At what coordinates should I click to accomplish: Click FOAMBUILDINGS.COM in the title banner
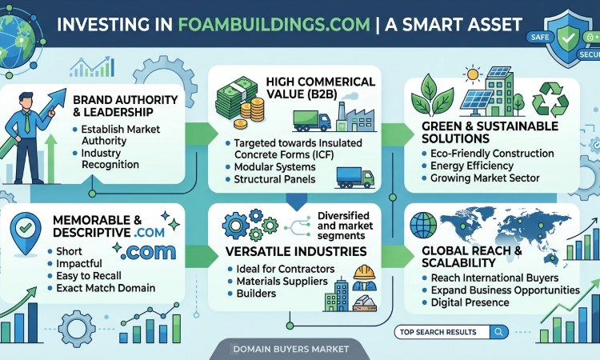point(274,25)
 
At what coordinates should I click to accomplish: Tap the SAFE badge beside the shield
point(540,37)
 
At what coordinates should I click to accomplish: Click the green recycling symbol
point(550,99)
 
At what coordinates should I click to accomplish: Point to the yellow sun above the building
point(473,74)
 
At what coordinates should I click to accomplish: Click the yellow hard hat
point(364,272)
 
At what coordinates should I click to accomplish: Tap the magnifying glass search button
point(498,332)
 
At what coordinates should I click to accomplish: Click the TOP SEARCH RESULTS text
point(438,332)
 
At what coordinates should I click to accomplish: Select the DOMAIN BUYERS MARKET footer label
point(291,349)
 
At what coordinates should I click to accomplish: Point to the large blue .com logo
point(148,252)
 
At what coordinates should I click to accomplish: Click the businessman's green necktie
point(27,122)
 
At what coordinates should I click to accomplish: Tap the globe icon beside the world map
point(423,226)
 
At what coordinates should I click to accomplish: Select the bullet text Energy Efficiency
point(471,166)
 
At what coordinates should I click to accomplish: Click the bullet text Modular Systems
point(274,167)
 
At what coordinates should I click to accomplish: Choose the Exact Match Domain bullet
point(106,288)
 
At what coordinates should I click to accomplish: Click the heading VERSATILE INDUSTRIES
point(296,251)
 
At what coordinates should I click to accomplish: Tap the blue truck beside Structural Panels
point(355,178)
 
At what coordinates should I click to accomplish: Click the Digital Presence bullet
point(470,302)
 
